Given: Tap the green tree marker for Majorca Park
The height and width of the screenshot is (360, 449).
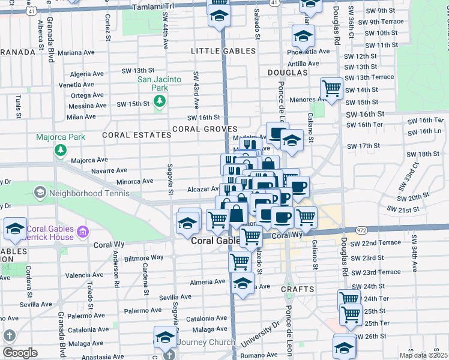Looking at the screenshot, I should (x=60, y=149).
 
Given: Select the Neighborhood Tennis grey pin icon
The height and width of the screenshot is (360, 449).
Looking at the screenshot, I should (x=40, y=193).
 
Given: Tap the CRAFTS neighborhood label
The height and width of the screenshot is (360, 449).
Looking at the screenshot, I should (x=298, y=289).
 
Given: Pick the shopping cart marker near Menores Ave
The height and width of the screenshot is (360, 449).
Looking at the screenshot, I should (x=331, y=89).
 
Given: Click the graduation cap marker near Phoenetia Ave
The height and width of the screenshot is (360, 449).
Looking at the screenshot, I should (x=304, y=36).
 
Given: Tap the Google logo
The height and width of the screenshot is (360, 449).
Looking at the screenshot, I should (x=20, y=353).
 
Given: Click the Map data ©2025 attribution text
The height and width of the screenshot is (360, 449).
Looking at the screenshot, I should (x=423, y=355).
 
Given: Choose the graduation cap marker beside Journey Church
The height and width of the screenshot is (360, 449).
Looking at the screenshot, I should (x=164, y=337).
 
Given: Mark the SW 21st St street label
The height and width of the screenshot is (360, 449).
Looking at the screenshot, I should (x=403, y=209).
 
